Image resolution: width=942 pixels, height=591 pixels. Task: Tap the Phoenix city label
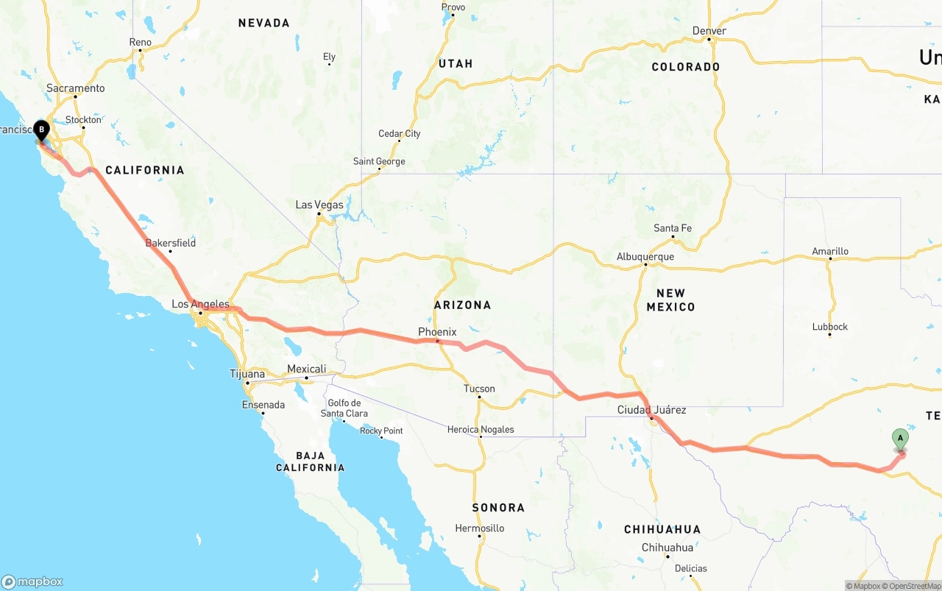coord(437,332)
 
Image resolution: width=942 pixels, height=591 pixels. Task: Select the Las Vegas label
coord(319,205)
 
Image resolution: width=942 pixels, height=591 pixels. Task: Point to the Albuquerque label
coord(645,257)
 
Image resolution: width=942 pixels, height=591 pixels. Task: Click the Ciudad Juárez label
coord(651,410)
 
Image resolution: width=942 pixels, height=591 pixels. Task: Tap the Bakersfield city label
coord(171,243)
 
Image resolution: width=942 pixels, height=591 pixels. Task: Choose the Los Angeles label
coord(200,304)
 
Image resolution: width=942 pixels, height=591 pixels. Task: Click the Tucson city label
coord(479,389)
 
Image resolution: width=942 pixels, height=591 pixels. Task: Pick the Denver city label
coord(709,31)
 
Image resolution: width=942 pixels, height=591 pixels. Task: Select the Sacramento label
coord(76,88)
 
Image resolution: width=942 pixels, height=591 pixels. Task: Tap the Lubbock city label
coord(830,327)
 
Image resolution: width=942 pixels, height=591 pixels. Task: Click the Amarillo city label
coord(830,251)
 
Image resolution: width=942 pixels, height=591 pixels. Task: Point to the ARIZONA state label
coord(462,305)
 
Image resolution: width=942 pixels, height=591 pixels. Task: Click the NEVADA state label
coord(264,23)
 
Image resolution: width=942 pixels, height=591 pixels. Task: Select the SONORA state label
coord(498,507)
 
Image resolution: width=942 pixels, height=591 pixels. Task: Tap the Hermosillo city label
coord(480,528)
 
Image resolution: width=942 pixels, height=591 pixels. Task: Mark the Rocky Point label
coord(381,431)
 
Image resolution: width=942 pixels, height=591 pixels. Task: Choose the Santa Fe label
coord(673,228)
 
